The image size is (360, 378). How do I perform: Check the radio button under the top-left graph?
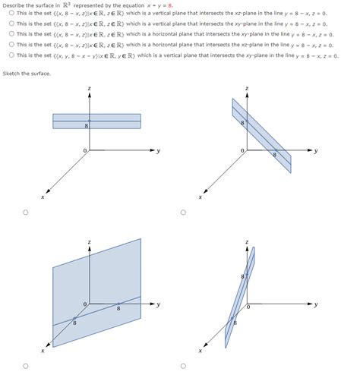click(26, 213)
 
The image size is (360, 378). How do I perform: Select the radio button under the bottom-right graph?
click(183, 365)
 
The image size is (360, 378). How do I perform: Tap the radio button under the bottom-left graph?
click(26, 365)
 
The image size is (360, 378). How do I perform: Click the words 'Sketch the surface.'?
click(27, 73)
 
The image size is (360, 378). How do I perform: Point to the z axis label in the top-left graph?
click(90, 89)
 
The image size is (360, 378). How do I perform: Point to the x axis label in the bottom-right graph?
click(201, 351)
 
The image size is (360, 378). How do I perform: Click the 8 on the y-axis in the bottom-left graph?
click(118, 309)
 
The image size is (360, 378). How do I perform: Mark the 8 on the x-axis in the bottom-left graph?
click(74, 323)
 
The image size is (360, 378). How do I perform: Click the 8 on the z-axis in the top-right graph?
click(242, 122)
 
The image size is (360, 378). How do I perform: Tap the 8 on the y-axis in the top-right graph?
click(274, 154)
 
